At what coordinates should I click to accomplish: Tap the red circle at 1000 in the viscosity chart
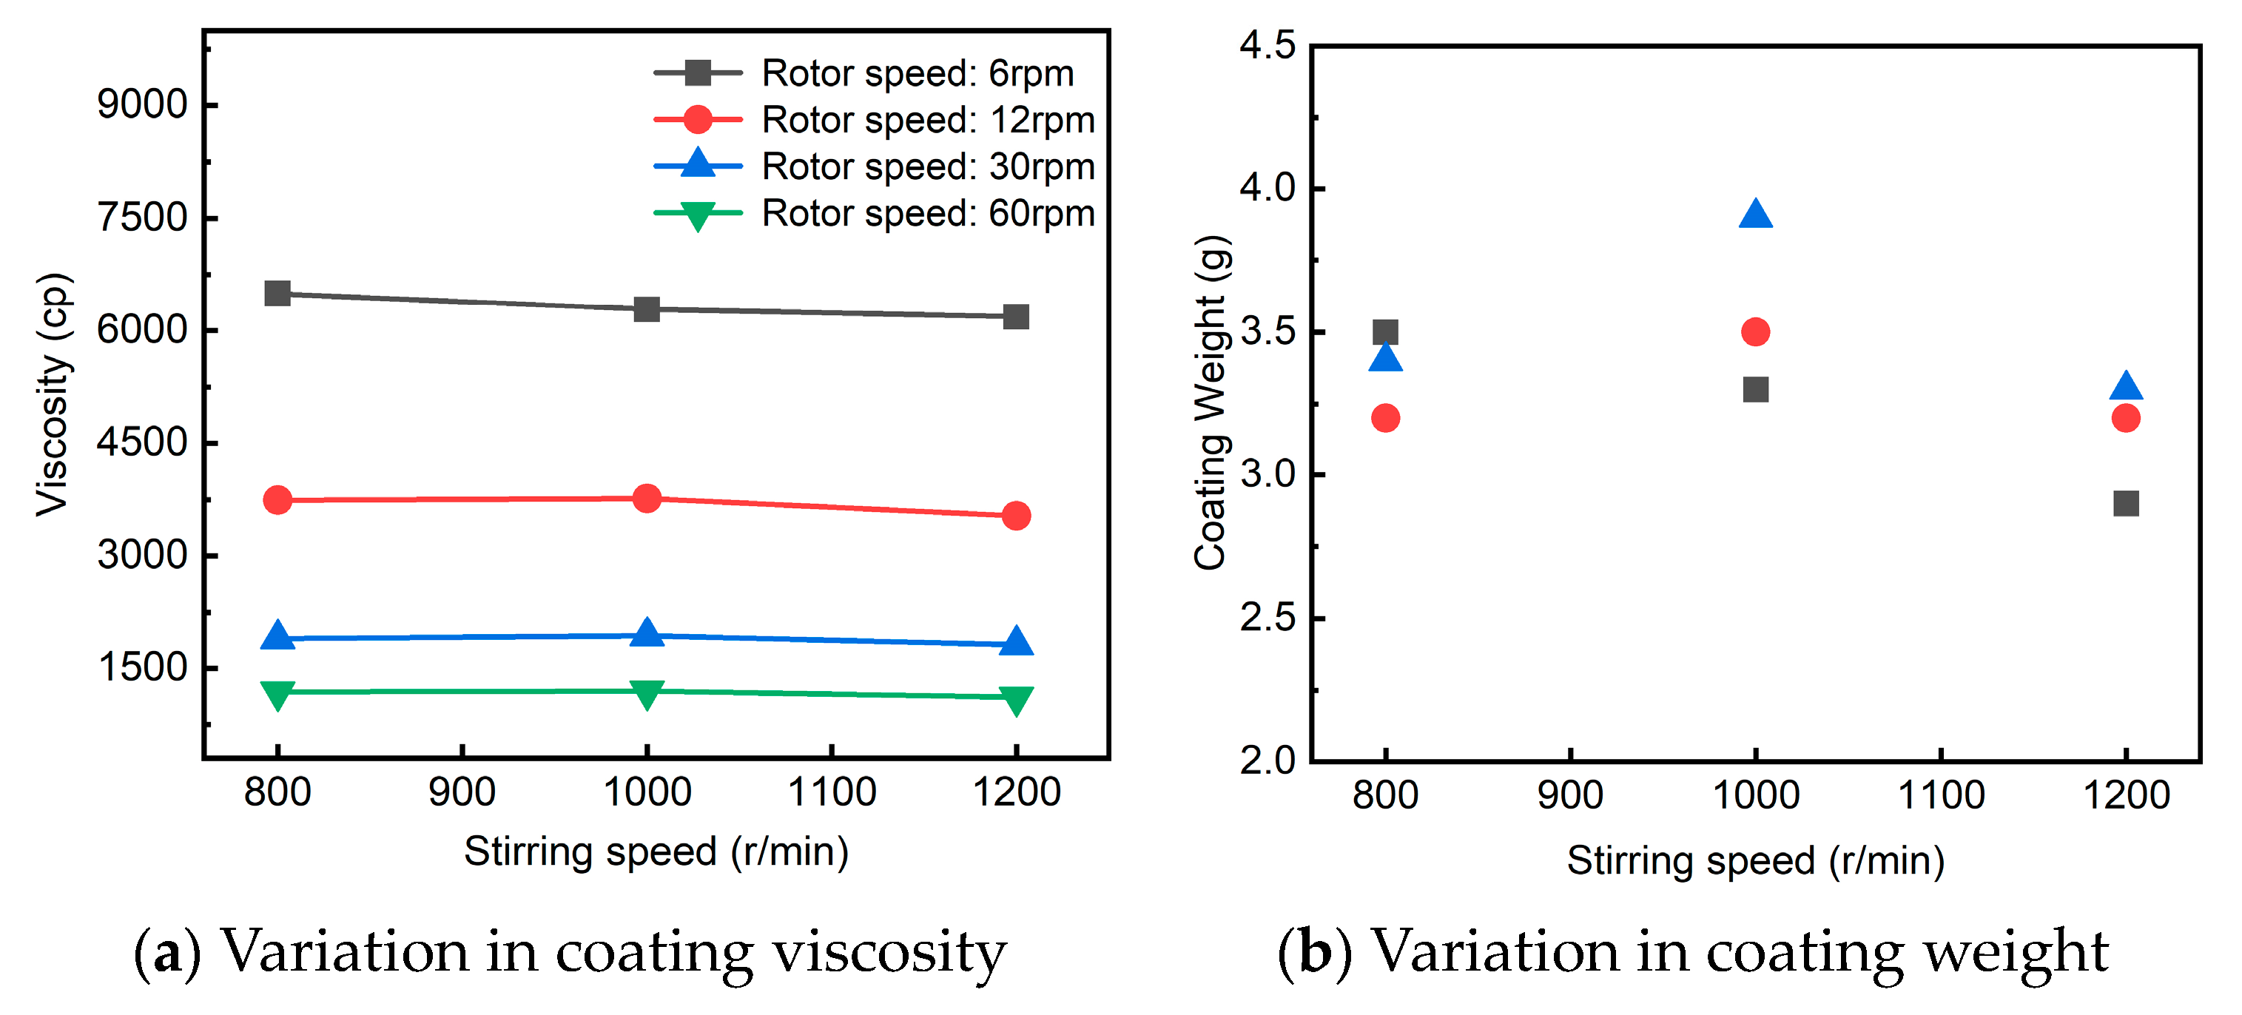pos(647,499)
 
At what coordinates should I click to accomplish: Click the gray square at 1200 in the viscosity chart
pos(1016,317)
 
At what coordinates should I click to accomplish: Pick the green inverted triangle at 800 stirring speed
pos(277,694)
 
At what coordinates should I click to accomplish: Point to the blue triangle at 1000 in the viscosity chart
pos(647,633)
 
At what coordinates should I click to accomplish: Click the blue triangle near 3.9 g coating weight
pos(1755,214)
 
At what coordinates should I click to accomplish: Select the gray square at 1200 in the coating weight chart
pos(2125,503)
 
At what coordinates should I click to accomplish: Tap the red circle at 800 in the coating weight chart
pos(1384,418)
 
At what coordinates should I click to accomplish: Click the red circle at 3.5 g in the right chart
pos(1755,331)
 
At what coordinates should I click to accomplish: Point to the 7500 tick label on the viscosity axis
pos(142,217)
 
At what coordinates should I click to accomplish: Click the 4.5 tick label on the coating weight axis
pos(1268,45)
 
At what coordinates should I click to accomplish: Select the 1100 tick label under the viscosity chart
pos(831,792)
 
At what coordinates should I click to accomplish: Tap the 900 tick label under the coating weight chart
pos(1570,795)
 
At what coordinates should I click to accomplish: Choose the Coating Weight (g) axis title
pos(1211,402)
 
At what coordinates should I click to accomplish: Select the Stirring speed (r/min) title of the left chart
pos(656,852)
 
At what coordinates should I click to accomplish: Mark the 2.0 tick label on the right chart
pos(1268,760)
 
